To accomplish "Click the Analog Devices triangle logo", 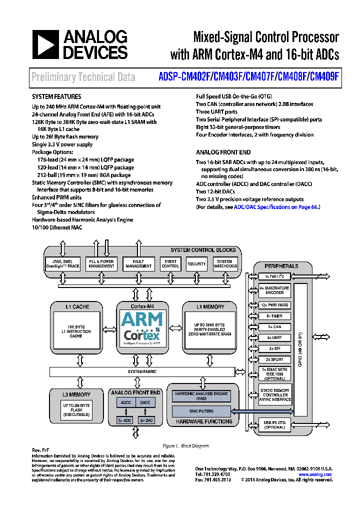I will coord(46,44).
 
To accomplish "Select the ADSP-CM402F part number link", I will coord(185,77).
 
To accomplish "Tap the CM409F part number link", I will coord(324,77).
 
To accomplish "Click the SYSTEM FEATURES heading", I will coord(56,96).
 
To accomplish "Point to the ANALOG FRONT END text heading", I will coord(223,152).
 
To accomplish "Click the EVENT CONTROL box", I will coord(170,263).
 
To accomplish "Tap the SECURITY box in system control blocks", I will coord(196,263).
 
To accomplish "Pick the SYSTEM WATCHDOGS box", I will coord(225,263).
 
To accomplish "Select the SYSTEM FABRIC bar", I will coord(142,372).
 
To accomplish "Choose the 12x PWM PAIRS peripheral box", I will coord(274,305).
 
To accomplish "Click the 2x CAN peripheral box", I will coord(274,326).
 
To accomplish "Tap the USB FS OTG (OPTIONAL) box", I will coord(274,425).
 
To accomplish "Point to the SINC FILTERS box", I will coord(201,411).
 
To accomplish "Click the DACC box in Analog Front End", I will coord(145,402).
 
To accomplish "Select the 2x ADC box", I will coord(125,420).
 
